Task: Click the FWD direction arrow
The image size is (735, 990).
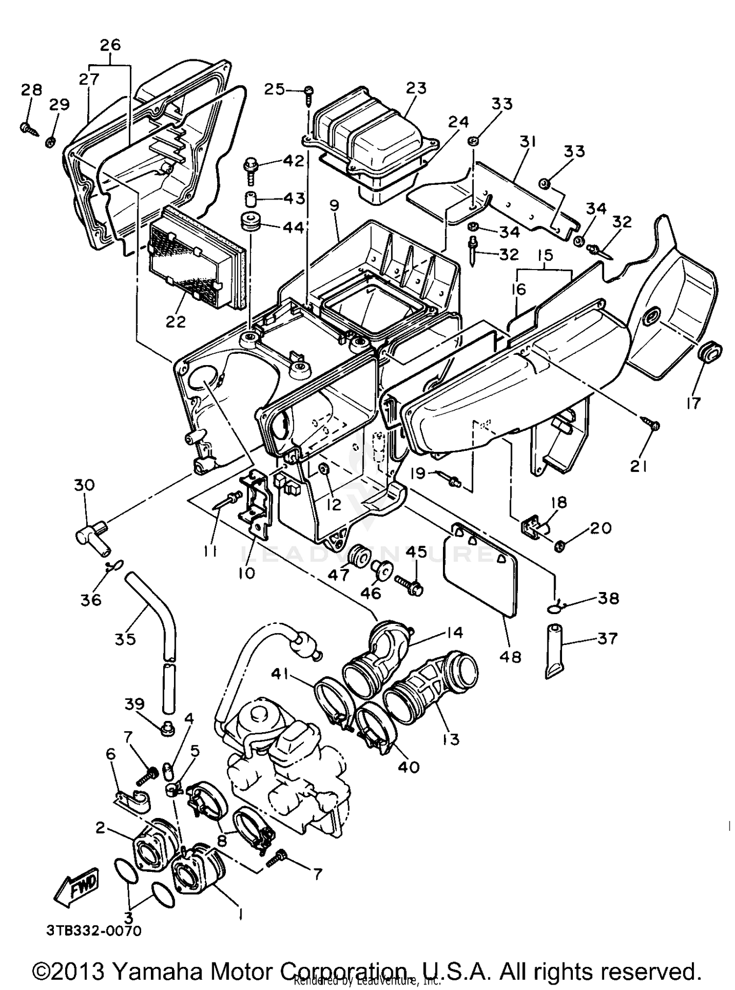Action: click(x=76, y=887)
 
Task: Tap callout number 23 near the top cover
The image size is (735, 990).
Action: click(x=416, y=89)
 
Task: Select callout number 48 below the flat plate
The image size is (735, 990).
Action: click(x=510, y=656)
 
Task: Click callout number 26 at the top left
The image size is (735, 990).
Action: click(x=110, y=45)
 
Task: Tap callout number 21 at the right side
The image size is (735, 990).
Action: click(x=638, y=466)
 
